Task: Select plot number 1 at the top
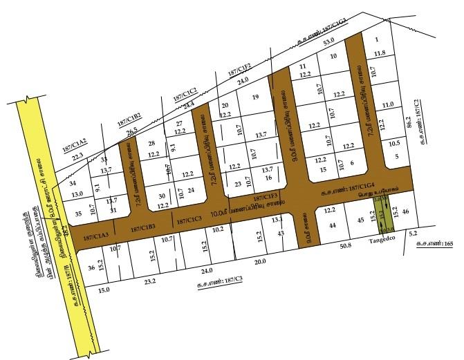click(376, 40)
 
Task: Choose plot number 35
click(77, 214)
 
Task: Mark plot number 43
click(280, 234)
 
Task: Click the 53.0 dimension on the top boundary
click(328, 42)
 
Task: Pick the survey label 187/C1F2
click(240, 69)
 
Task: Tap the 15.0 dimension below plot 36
click(104, 291)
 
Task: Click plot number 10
click(333, 57)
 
